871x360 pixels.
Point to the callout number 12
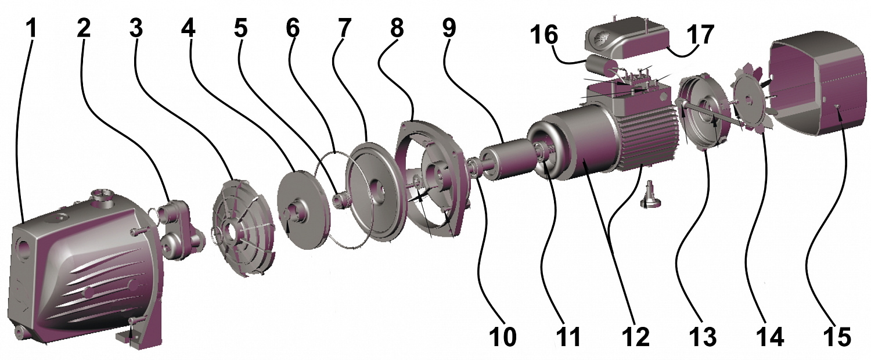pyautogui.click(x=635, y=336)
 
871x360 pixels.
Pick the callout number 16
pyautogui.click(x=544, y=35)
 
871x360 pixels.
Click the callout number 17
pyautogui.click(x=700, y=35)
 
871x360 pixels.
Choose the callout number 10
pyautogui.click(x=502, y=336)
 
